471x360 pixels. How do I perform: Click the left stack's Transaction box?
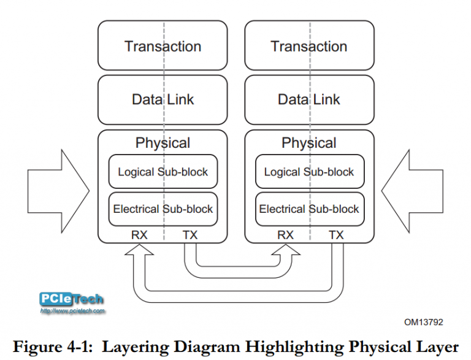click(x=163, y=46)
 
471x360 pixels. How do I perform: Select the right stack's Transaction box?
click(x=309, y=46)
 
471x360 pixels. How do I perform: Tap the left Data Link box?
click(x=163, y=99)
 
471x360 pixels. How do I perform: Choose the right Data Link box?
click(x=309, y=99)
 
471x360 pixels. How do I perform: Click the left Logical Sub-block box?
click(x=163, y=172)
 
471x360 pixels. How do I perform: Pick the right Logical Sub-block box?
click(x=309, y=172)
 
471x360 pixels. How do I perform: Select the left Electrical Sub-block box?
click(x=163, y=209)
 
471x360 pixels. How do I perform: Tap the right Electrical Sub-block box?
click(x=309, y=209)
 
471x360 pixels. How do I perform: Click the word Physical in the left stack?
click(x=163, y=143)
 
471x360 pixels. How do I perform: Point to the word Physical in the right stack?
click(x=309, y=143)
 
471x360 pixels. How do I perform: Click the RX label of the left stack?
click(x=139, y=235)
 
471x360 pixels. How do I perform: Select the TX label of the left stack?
click(x=190, y=235)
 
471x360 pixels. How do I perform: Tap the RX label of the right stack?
click(x=285, y=235)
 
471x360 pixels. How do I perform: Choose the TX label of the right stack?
click(x=336, y=235)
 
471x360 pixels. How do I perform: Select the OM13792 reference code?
click(x=423, y=321)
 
